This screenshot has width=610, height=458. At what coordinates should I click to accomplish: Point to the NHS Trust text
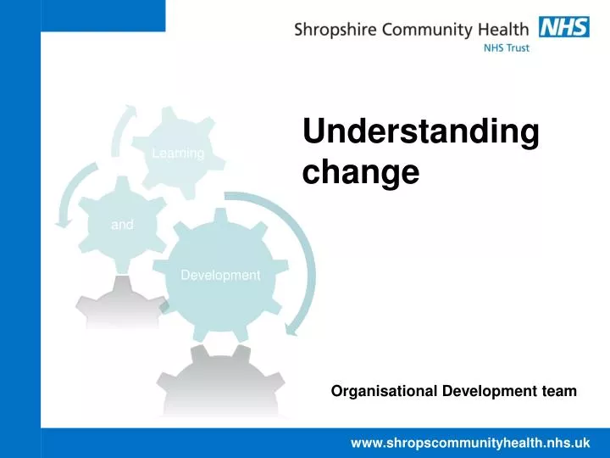pyautogui.click(x=506, y=48)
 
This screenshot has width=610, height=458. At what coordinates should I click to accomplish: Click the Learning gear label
pyautogui.click(x=178, y=154)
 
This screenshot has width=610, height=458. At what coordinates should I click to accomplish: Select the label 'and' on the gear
pyautogui.click(x=122, y=225)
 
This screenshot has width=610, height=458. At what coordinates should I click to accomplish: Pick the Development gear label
pyautogui.click(x=220, y=275)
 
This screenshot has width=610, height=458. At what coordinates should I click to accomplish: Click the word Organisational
pyautogui.click(x=382, y=391)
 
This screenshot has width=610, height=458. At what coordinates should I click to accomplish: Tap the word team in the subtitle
pyautogui.click(x=560, y=391)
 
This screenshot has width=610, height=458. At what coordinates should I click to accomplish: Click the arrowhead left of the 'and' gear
pyautogui.click(x=61, y=223)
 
